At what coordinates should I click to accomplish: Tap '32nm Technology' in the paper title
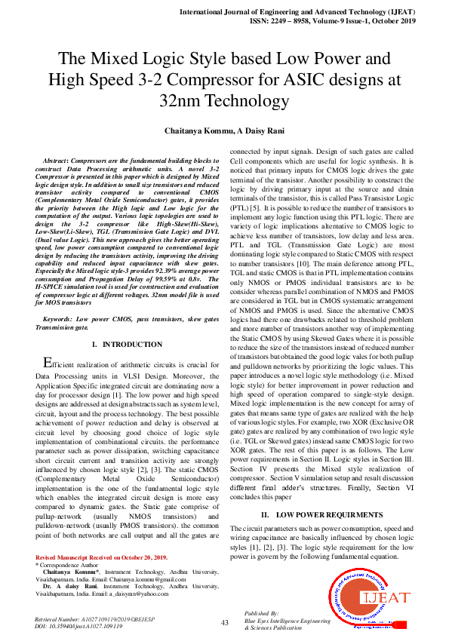pos(224,100)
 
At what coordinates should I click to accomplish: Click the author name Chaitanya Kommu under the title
pos(207,130)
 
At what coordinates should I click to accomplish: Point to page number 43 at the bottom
pos(224,623)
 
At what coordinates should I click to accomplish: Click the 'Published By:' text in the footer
pos(262,614)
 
